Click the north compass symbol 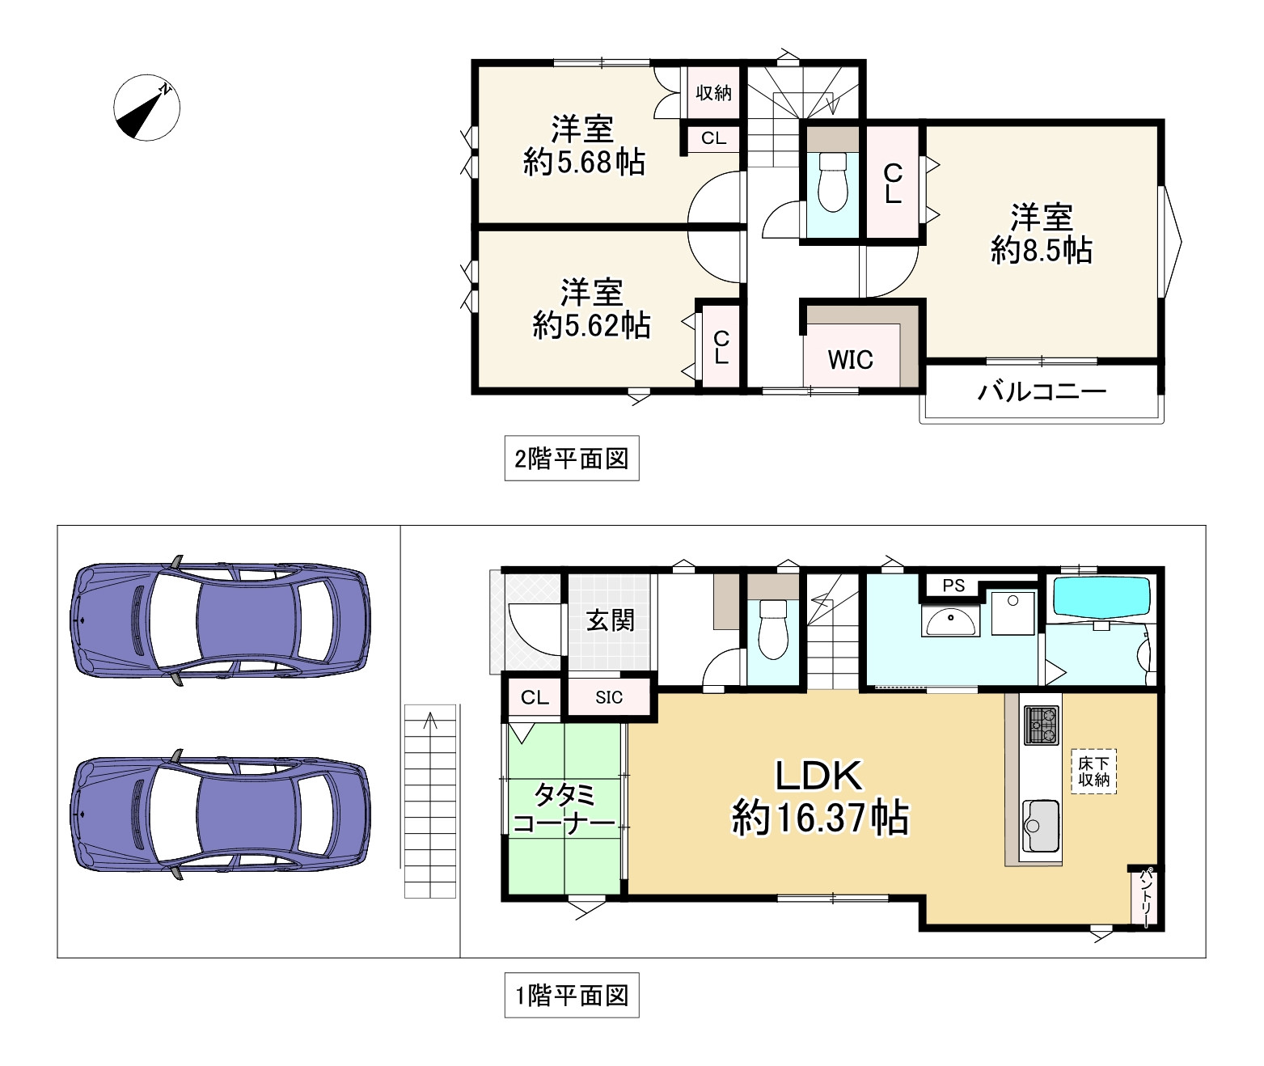(x=147, y=108)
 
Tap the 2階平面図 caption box (x=572, y=459)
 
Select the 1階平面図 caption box (x=572, y=995)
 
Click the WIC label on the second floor (x=850, y=360)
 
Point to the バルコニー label (x=1042, y=391)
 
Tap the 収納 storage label (x=713, y=93)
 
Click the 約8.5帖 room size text (x=1042, y=250)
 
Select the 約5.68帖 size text (x=584, y=163)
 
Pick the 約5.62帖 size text (x=591, y=326)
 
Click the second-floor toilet (x=832, y=182)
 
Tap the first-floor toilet (x=773, y=629)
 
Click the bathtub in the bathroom (x=1101, y=597)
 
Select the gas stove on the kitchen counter (x=1042, y=725)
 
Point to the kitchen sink (x=1041, y=826)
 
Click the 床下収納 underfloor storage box (x=1093, y=772)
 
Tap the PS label (x=953, y=586)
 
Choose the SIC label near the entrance (x=608, y=697)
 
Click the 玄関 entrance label (x=610, y=620)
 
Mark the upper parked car (x=220, y=620)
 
